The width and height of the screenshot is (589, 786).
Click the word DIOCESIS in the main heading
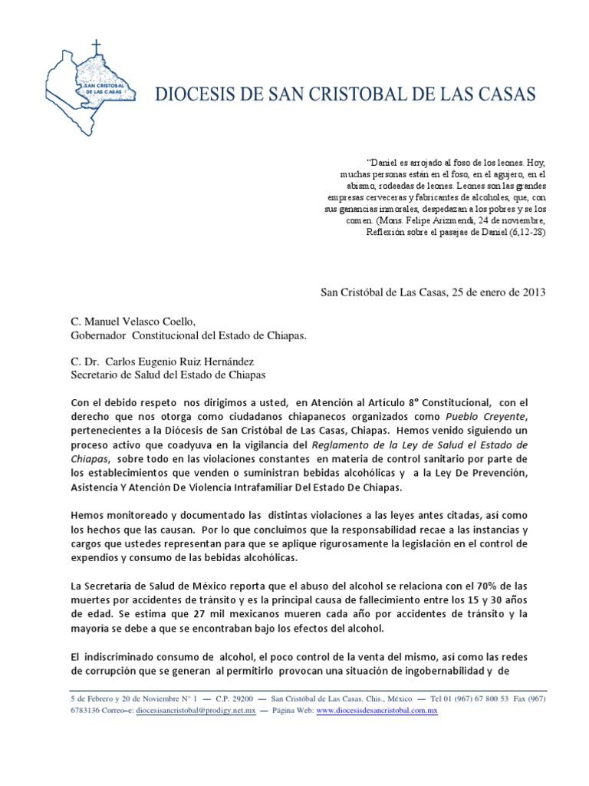[x=190, y=96]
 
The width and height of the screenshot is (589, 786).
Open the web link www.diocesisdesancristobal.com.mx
[x=377, y=712]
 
